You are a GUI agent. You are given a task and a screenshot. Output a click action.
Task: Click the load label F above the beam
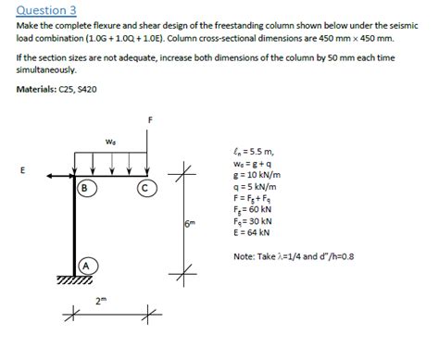pyautogui.click(x=149, y=120)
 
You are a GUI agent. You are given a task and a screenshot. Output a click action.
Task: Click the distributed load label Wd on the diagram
pyautogui.click(x=110, y=142)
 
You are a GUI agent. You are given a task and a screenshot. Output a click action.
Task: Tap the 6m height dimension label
pyautogui.click(x=190, y=225)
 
